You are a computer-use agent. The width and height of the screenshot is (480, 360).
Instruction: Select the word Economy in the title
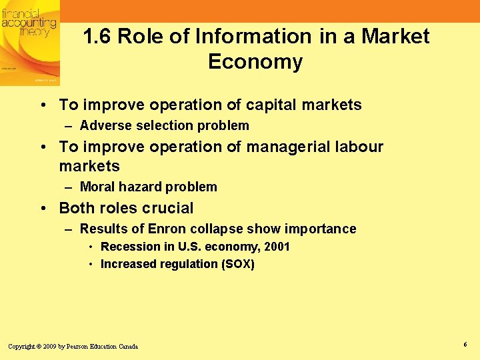pos(255,62)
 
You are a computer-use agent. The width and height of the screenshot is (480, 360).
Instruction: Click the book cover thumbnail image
pos(29,43)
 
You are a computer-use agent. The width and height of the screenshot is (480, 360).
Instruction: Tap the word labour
pos(361,147)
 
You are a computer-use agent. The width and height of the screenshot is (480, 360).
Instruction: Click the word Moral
pos(97,187)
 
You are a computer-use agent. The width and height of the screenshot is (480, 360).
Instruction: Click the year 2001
pos(277,247)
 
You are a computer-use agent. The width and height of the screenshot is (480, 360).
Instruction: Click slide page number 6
pos(465,344)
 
